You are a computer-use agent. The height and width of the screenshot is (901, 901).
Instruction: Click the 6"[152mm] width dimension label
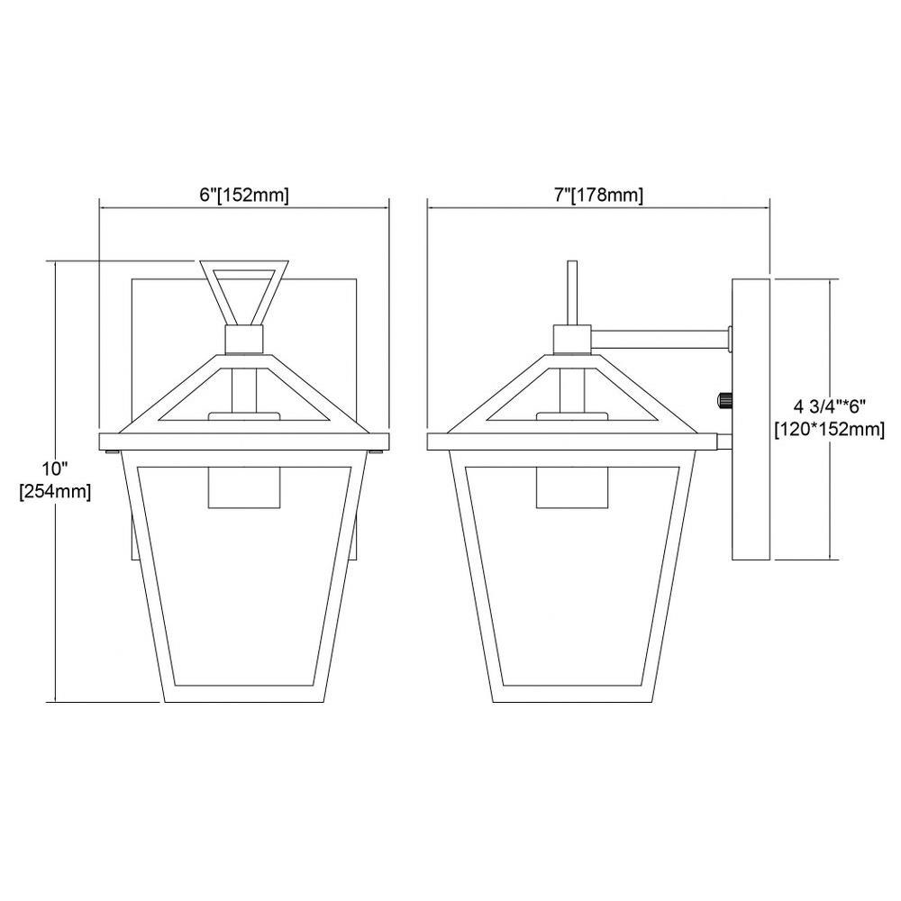pos(244,196)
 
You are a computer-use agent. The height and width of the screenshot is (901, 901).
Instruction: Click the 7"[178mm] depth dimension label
pos(598,196)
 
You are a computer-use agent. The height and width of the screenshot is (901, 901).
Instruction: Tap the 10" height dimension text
pos(55,469)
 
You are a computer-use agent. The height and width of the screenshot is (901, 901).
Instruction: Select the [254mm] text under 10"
pos(55,492)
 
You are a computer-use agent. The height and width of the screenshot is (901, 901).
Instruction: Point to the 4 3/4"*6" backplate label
pos(829,407)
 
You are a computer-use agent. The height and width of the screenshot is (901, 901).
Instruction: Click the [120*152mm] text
pos(829,429)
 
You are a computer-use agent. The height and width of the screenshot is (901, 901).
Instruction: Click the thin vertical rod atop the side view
pos(572,293)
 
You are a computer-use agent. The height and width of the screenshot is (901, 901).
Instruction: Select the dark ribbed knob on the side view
pos(724,399)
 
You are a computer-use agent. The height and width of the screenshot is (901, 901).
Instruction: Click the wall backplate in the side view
pos(751,419)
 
